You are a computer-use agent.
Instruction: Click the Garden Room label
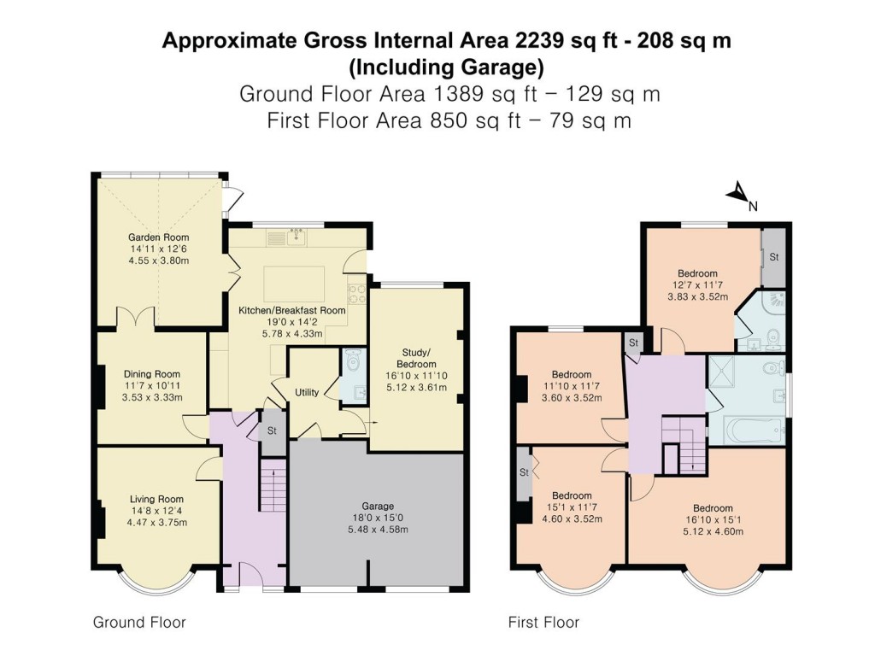pyautogui.click(x=158, y=237)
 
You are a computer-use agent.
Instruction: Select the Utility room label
pyautogui.click(x=307, y=393)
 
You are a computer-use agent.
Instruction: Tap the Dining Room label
pyautogui.click(x=152, y=374)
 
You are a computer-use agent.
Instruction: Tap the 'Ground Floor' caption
pyautogui.click(x=139, y=623)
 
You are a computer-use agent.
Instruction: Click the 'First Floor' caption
pyautogui.click(x=543, y=623)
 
